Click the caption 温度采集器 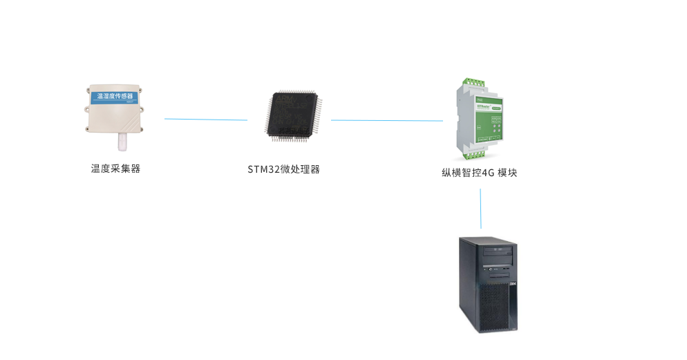pos(115,169)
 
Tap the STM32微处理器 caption pos(283,169)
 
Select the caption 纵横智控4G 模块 pos(479,173)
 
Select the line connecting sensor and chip pos(206,120)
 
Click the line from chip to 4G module pos(386,121)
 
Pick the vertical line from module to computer pos(481,208)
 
